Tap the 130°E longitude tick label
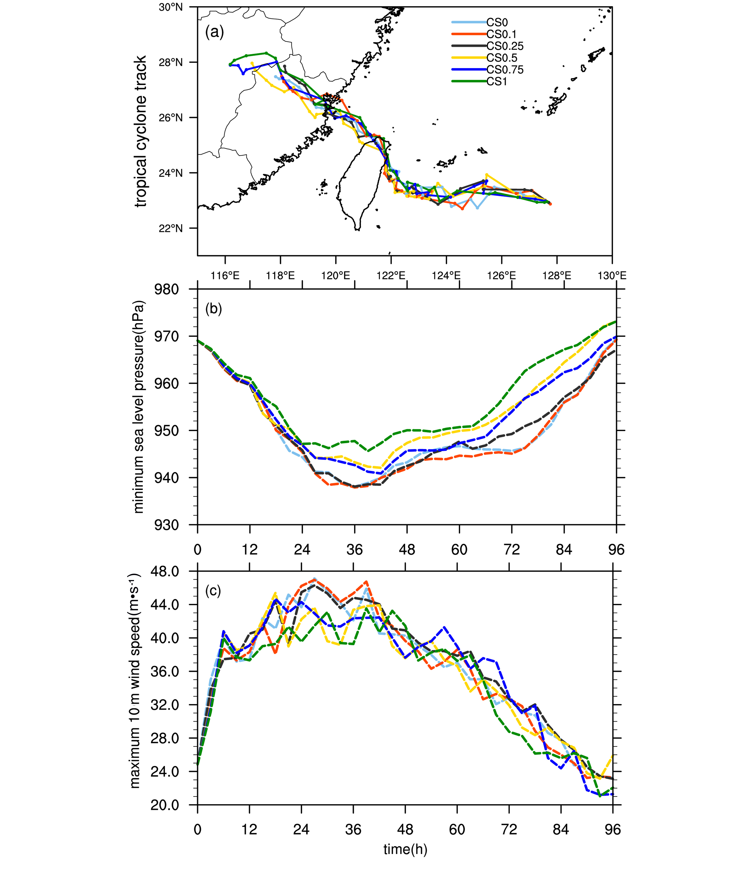(612, 275)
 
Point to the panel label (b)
(214, 309)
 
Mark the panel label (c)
(213, 591)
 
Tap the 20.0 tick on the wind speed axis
(164, 805)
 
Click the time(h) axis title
(405, 849)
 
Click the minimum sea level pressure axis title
(139, 407)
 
